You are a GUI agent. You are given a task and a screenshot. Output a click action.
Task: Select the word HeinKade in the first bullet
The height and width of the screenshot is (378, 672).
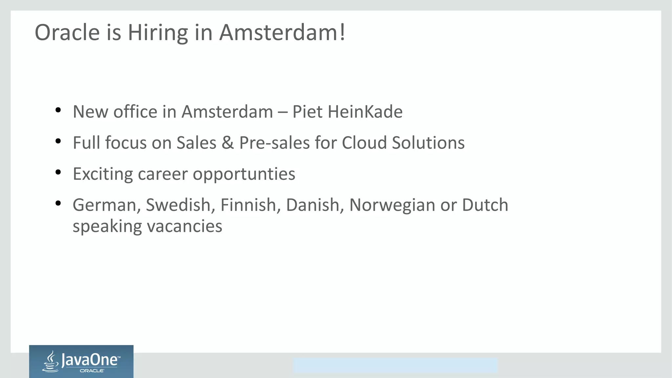pyautogui.click(x=365, y=112)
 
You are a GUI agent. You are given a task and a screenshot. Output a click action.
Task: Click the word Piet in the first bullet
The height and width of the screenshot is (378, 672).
pyautogui.click(x=307, y=112)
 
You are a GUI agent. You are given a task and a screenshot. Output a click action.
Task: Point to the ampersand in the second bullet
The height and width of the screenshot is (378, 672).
pyautogui.click(x=228, y=143)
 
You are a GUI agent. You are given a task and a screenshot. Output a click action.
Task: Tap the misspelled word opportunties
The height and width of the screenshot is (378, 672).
pyautogui.click(x=244, y=174)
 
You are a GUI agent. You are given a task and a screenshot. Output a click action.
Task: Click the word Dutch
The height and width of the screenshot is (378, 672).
pyautogui.click(x=485, y=205)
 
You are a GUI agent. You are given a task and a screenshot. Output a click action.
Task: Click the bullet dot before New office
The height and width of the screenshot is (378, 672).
pyautogui.click(x=58, y=110)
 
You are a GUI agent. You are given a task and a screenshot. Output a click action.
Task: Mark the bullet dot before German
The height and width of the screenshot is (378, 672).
pyautogui.click(x=58, y=203)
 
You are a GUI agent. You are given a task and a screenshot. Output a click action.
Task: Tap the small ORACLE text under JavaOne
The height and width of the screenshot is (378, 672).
pyautogui.click(x=92, y=371)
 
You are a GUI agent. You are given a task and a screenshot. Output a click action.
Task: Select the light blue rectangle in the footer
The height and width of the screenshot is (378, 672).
pyautogui.click(x=395, y=365)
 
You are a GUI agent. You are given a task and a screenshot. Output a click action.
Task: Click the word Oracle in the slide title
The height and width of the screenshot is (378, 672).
pyautogui.click(x=67, y=33)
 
